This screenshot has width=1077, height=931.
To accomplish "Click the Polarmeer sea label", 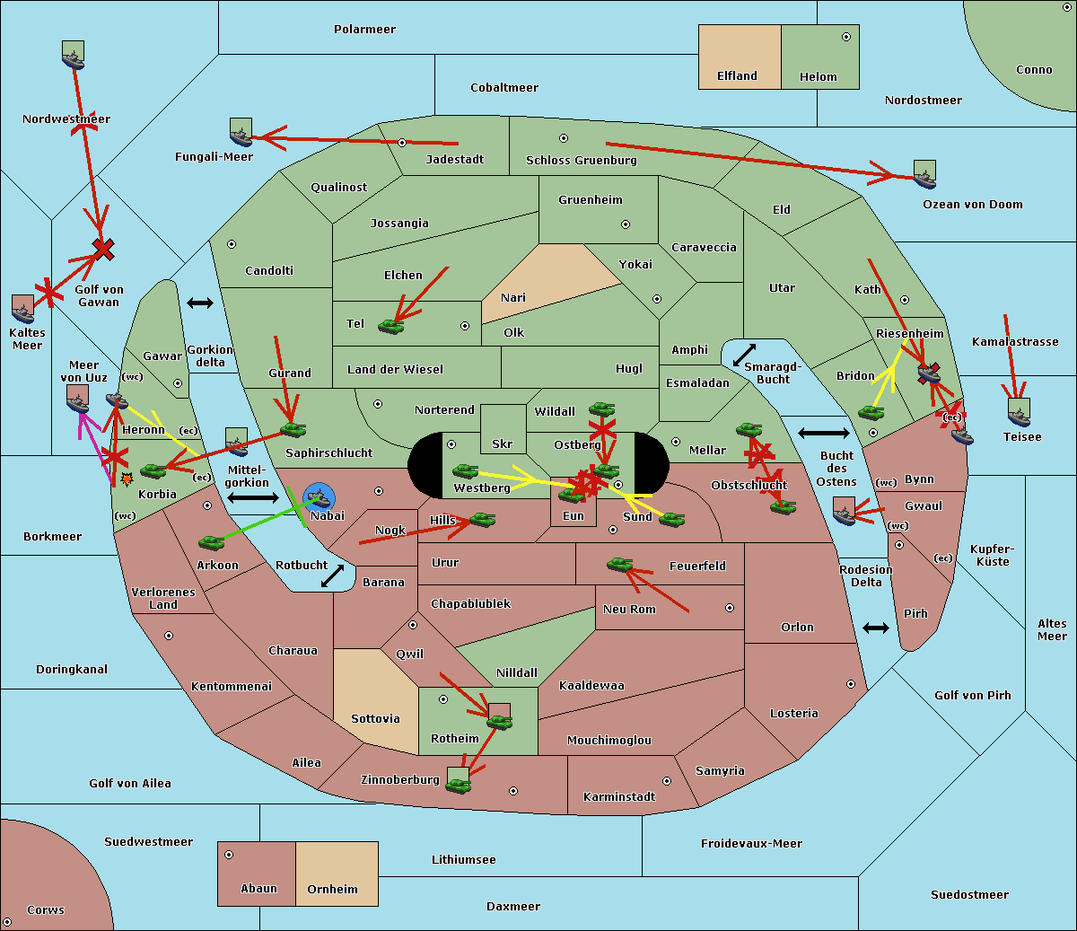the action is pos(364,30).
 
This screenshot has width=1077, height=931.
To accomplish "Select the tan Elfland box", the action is pos(740,57).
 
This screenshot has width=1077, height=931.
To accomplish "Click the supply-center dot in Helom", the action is pos(846,37).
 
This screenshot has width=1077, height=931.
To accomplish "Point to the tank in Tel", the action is pos(390,326).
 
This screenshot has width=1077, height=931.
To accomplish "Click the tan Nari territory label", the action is pos(513,298).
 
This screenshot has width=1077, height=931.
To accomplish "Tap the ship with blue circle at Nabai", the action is pos(319,497).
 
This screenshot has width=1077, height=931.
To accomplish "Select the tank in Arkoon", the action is pos(212,542).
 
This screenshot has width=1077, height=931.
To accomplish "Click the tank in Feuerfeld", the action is pos(620,564).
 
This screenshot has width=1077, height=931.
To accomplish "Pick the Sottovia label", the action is pos(375,719).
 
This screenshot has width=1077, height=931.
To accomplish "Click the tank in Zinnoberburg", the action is pos(459,785).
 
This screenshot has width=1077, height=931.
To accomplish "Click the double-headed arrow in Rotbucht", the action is pos(333,575).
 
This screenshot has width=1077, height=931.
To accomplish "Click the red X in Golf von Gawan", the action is pos(103,250).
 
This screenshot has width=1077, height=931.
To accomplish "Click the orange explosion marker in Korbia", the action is pos(127,479).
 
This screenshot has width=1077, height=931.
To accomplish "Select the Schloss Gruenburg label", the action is pos(582,160).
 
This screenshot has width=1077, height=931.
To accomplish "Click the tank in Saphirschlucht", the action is pos(293,429).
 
